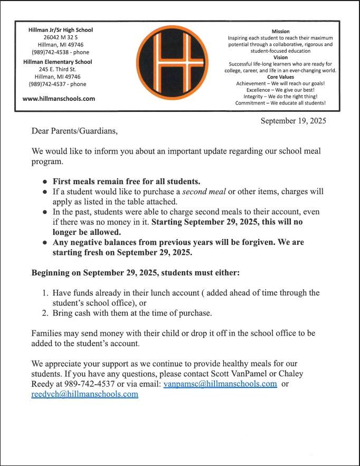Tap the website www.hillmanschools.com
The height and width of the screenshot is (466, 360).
pyautogui.click(x=59, y=99)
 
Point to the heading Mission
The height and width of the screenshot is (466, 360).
pyautogui.click(x=280, y=32)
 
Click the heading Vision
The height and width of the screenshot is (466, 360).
pyautogui.click(x=280, y=58)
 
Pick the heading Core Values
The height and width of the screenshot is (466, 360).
pyautogui.click(x=280, y=77)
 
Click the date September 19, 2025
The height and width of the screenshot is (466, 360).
pyautogui.click(x=293, y=121)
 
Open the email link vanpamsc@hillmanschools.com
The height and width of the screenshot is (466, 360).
pyautogui.click(x=220, y=384)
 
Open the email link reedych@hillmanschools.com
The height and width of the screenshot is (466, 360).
pyautogui.click(x=85, y=394)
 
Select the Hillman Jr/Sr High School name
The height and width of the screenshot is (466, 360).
pyautogui.click(x=60, y=30)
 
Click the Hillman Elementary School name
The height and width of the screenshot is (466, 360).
pyautogui.click(x=58, y=62)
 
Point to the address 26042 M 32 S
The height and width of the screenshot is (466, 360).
pyautogui.click(x=60, y=37)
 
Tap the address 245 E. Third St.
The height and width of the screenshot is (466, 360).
pyautogui.click(x=58, y=69)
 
